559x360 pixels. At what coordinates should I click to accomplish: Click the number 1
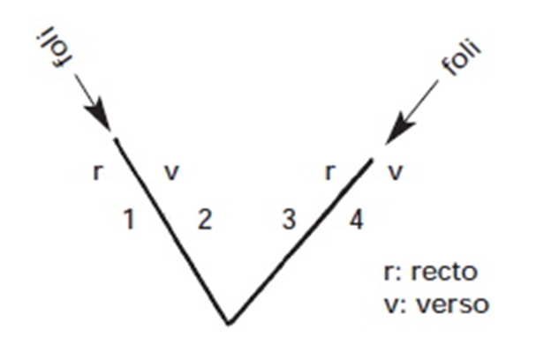[129, 220]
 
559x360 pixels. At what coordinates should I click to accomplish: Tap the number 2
[205, 220]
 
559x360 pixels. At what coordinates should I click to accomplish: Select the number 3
[289, 220]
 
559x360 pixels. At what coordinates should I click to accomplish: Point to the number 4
[356, 220]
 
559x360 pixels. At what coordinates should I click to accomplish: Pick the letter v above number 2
[171, 172]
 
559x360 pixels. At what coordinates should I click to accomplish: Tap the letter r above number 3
[330, 172]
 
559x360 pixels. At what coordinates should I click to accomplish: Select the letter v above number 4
[395, 172]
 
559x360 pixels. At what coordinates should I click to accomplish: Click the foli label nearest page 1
[54, 46]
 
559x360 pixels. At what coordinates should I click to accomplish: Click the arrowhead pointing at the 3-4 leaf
[399, 129]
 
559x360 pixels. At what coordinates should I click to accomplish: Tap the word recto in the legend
[444, 272]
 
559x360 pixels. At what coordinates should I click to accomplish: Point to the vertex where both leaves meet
[230, 323]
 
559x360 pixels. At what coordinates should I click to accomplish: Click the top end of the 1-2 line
[115, 139]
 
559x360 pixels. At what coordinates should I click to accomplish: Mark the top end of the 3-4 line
[372, 161]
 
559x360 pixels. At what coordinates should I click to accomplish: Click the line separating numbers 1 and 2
[172, 231]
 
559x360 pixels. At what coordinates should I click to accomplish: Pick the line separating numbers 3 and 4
[300, 242]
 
